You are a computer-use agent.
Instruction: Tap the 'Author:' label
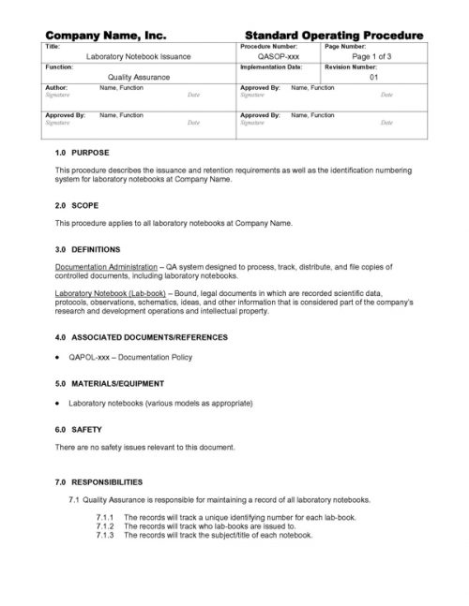click(x=56, y=87)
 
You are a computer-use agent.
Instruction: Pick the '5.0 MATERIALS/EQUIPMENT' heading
click(x=110, y=384)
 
